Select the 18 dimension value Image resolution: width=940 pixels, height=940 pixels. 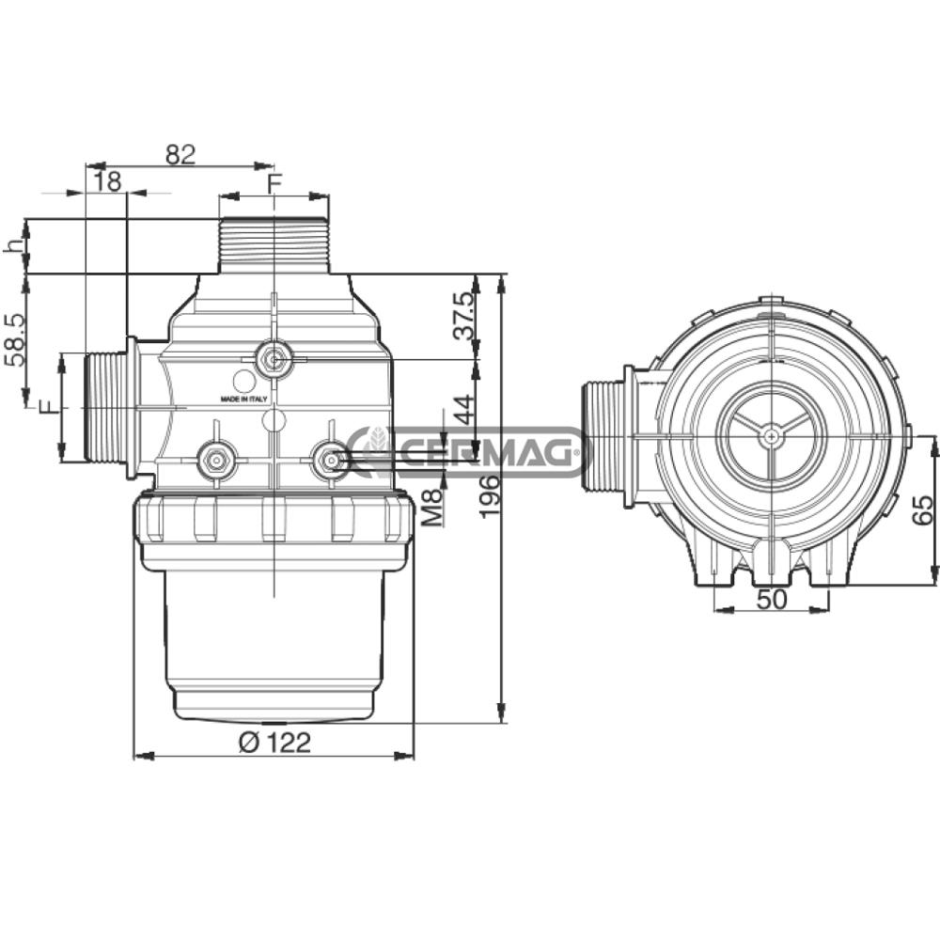click(x=109, y=181)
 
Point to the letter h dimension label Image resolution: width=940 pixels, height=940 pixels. click(x=13, y=245)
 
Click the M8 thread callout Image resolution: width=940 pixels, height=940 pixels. click(x=431, y=507)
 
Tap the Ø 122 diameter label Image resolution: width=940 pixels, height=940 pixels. click(x=274, y=742)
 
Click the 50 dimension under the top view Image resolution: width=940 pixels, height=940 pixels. click(x=772, y=599)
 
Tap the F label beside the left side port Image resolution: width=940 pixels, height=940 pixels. click(x=47, y=407)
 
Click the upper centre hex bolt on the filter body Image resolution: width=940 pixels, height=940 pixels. click(x=274, y=357)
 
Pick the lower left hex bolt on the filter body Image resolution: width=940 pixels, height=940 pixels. click(x=216, y=460)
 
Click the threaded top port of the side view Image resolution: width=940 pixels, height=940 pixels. click(x=274, y=245)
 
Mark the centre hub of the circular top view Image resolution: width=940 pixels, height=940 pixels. click(x=771, y=434)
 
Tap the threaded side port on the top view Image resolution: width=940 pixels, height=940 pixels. click(x=602, y=435)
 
